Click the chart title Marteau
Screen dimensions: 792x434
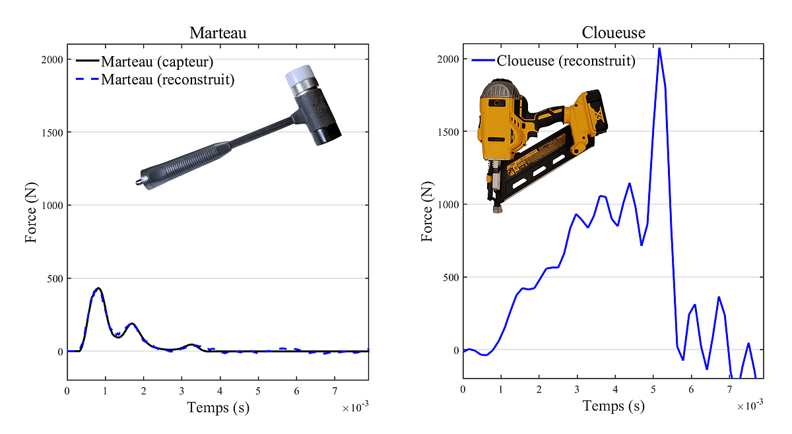(x=218, y=33)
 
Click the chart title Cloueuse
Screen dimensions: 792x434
(x=613, y=32)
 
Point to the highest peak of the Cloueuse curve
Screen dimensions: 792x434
(x=659, y=48)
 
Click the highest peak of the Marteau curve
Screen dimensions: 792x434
(x=98, y=288)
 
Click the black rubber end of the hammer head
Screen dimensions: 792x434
(x=328, y=135)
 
